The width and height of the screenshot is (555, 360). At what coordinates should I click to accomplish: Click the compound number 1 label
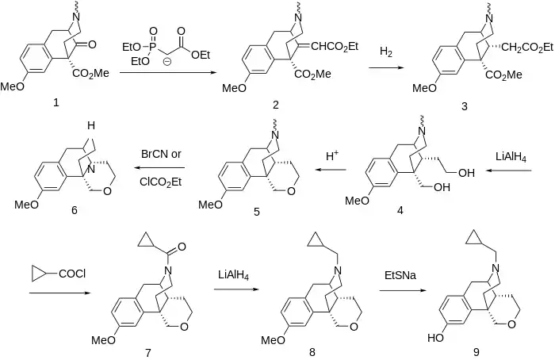55,103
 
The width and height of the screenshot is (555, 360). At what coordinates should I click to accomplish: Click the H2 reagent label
386,52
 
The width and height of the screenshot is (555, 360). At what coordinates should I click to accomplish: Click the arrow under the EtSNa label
400,292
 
